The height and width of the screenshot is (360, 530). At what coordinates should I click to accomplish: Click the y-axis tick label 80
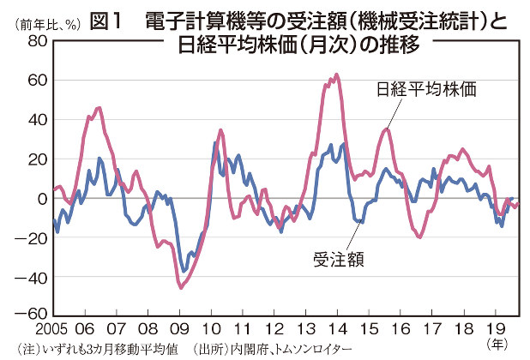coord(36,41)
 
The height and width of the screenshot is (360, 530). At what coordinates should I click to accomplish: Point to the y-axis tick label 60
coord(36,81)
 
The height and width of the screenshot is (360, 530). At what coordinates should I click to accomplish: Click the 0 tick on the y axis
coord(41,198)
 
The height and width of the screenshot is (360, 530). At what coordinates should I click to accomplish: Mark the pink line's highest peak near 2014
coord(335,75)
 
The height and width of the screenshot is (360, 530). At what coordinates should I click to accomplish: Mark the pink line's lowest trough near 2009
coord(181,288)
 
